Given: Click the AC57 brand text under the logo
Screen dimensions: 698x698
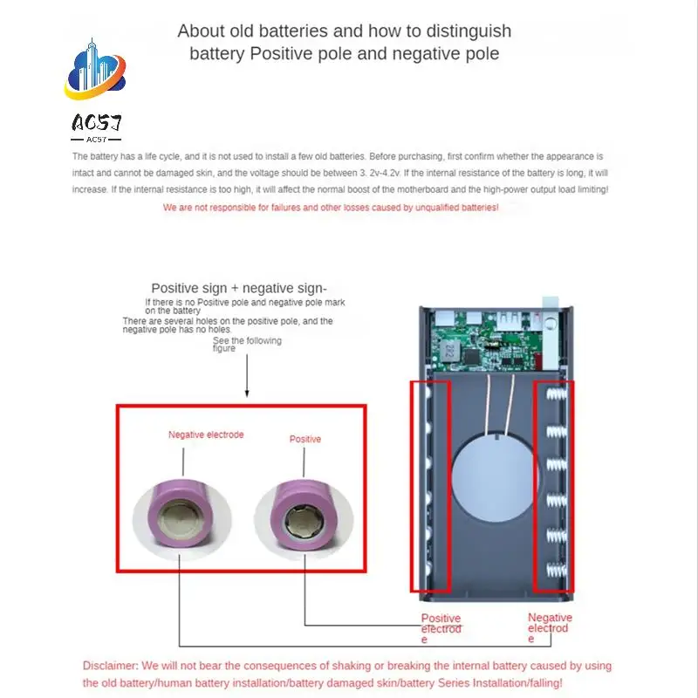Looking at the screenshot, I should pyautogui.click(x=96, y=123).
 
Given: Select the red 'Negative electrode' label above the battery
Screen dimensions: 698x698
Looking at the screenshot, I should pyautogui.click(x=206, y=435).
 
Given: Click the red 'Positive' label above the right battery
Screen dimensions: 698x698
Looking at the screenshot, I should pyautogui.click(x=305, y=439).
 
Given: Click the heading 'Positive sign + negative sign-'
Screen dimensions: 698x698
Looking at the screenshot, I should pyautogui.click(x=239, y=288).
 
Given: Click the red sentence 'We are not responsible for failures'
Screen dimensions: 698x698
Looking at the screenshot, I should pyautogui.click(x=331, y=208).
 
